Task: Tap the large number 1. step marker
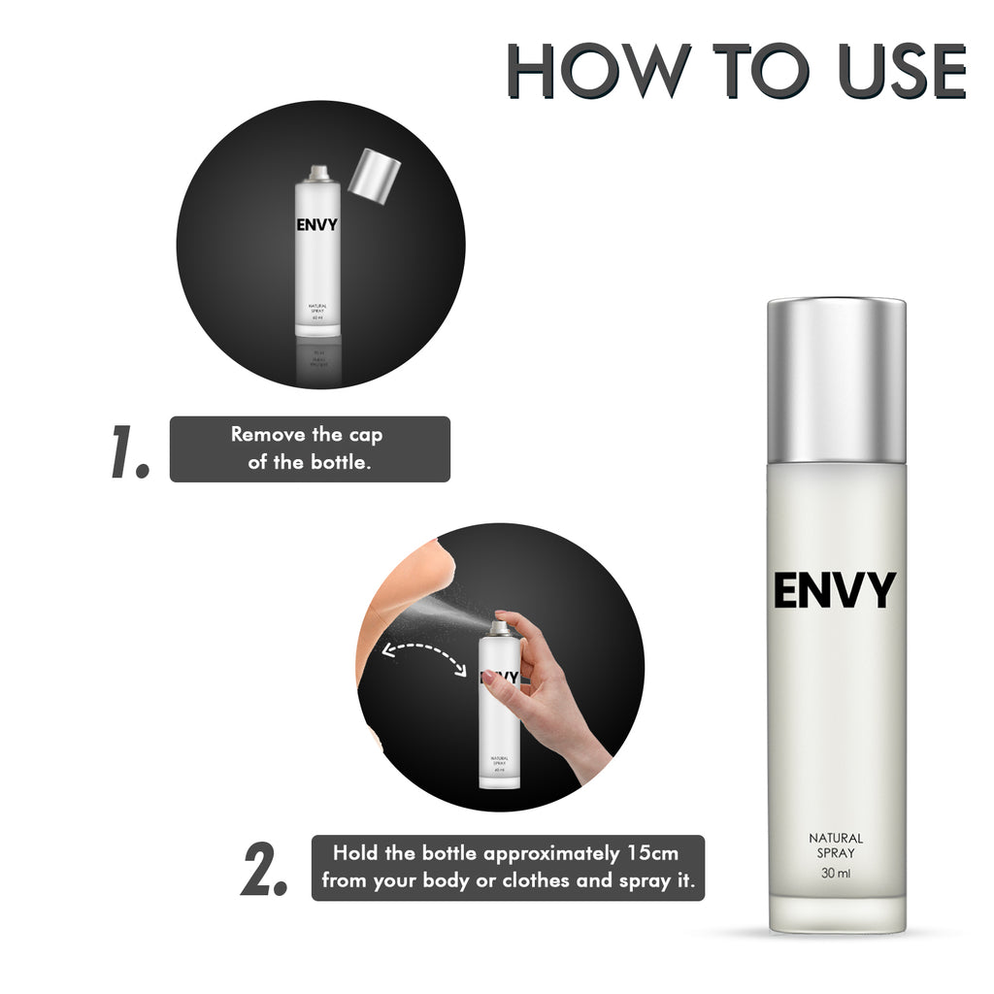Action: pyautogui.click(x=129, y=450)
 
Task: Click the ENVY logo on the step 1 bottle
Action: pyautogui.click(x=317, y=226)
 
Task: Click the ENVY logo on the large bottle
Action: pyautogui.click(x=835, y=590)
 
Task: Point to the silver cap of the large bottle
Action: pyautogui.click(x=836, y=381)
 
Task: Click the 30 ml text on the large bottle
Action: pyautogui.click(x=836, y=875)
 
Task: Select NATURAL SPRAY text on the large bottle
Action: pyautogui.click(x=836, y=845)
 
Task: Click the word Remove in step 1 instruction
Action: pyautogui.click(x=267, y=435)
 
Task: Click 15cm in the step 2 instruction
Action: pyautogui.click(x=649, y=854)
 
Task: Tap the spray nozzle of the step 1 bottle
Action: pyautogui.click(x=317, y=173)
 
